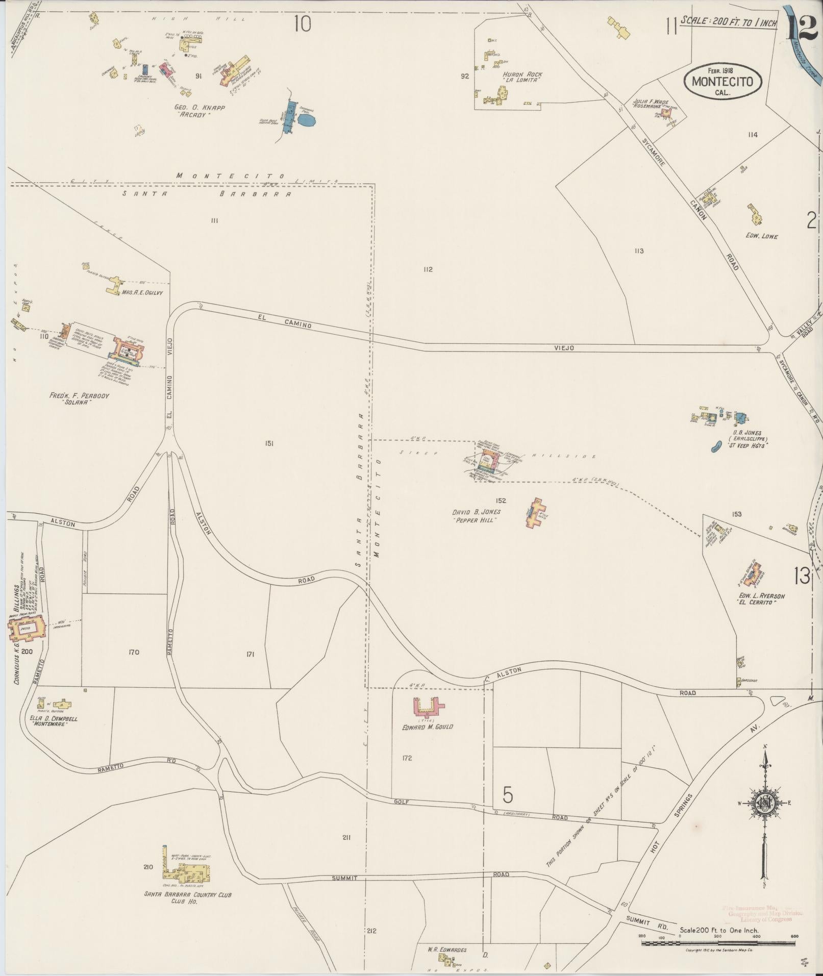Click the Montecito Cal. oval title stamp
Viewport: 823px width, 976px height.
(x=722, y=81)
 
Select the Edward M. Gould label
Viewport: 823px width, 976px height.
(x=427, y=727)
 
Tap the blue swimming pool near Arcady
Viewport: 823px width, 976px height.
(x=306, y=120)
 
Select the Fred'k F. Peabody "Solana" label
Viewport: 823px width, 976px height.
(x=79, y=399)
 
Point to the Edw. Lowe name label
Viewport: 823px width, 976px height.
(x=761, y=236)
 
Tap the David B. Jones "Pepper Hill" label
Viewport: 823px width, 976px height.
(x=476, y=516)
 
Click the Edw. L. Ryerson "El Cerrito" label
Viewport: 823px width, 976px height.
(x=760, y=599)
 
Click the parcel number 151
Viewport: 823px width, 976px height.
(x=269, y=443)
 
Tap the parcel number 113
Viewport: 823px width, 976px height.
(x=639, y=251)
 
